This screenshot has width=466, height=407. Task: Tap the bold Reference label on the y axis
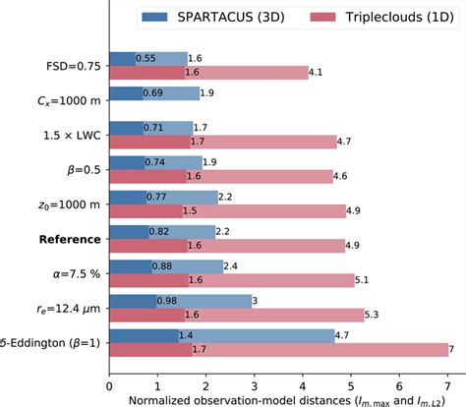click(x=69, y=239)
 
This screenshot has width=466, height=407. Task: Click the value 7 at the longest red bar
click(x=451, y=350)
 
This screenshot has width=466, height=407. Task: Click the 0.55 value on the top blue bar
click(x=146, y=59)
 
